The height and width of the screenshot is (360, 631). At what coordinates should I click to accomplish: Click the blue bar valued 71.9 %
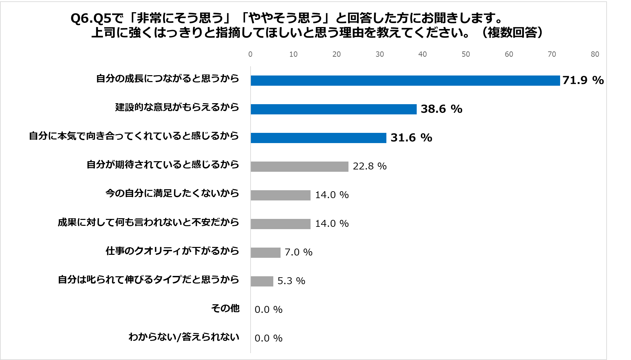point(405,80)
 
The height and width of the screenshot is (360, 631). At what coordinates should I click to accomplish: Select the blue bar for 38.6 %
point(333,109)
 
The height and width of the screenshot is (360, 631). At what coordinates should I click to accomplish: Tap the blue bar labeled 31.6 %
point(318,138)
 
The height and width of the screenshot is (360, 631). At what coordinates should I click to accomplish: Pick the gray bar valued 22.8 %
point(299,166)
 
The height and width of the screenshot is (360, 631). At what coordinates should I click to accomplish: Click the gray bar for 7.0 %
point(265,253)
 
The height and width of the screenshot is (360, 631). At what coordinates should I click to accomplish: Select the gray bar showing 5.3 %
point(262,281)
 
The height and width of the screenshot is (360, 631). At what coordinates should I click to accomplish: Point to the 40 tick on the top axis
point(422,54)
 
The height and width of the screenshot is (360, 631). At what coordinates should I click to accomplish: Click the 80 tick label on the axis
point(595,54)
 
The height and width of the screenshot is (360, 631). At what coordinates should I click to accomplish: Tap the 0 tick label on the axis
point(250,54)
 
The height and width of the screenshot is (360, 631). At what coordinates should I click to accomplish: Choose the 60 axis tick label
point(509,54)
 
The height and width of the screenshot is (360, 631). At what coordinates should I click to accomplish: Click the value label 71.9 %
point(583,80)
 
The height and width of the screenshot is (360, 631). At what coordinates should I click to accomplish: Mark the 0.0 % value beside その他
point(268,310)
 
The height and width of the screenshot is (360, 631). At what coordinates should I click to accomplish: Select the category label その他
point(225,308)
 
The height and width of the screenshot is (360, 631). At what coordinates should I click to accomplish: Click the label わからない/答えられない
point(184,337)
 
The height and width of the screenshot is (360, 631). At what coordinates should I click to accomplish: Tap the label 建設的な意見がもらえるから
point(177,107)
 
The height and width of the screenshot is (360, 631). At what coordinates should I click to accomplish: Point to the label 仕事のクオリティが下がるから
point(172,251)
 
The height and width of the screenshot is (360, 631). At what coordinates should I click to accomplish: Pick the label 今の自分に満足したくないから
point(172,193)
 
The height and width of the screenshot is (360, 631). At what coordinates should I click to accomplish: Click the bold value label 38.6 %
point(441,109)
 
